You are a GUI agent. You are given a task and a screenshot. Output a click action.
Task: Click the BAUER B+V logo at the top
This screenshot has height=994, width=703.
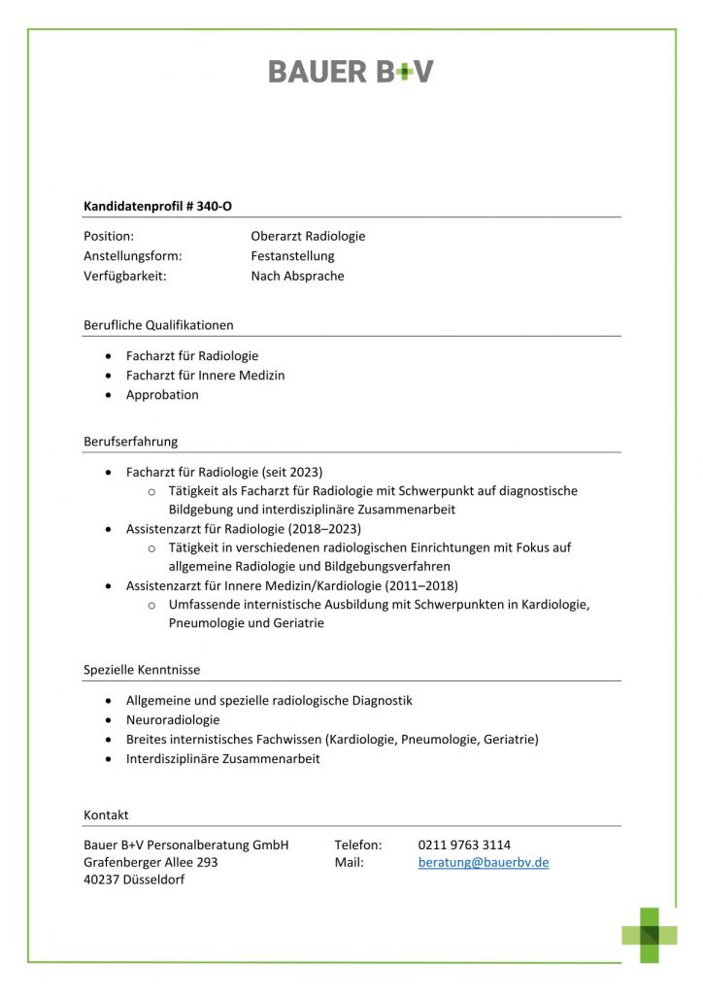pos(351,71)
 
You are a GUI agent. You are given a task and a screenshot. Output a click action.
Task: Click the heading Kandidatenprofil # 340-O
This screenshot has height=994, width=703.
pos(158,206)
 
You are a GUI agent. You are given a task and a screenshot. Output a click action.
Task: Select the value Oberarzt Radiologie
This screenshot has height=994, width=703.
pos(308,236)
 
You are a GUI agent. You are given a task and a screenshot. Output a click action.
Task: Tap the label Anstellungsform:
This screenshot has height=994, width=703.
pos(133,256)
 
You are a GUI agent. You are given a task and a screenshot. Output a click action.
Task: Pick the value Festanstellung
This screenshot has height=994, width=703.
pos(292,256)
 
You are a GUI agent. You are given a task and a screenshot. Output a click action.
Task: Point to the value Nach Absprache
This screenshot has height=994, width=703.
pos(297,276)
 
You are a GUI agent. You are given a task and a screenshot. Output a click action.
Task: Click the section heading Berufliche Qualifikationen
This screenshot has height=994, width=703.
pos(158,325)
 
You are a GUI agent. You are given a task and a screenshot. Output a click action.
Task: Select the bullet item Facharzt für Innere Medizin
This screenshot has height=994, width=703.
pos(205,375)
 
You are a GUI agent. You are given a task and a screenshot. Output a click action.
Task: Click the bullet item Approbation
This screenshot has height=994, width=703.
pos(162,395)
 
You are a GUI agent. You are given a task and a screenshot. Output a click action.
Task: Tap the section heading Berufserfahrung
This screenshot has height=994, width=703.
pos(131,442)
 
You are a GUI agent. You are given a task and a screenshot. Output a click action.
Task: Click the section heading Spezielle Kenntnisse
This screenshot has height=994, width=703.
pos(142,670)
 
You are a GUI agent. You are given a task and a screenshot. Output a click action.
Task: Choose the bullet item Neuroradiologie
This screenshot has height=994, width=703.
pos(173,720)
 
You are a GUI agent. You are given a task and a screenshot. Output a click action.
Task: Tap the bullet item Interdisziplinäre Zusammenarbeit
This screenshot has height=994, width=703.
pos(222,759)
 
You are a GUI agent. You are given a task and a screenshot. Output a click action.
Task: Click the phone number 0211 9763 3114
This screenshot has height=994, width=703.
pos(464,845)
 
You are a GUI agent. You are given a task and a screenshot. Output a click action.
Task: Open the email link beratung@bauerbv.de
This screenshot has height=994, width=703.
pos(484,862)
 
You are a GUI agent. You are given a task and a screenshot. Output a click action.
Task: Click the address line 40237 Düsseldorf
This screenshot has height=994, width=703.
pos(134,879)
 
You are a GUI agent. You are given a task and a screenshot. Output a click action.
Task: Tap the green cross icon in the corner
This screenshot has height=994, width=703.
pos(650,935)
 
